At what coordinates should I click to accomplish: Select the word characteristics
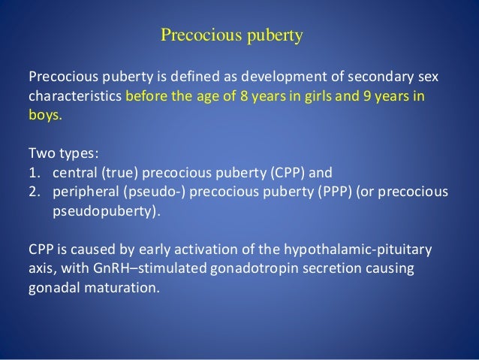pos(74,98)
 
